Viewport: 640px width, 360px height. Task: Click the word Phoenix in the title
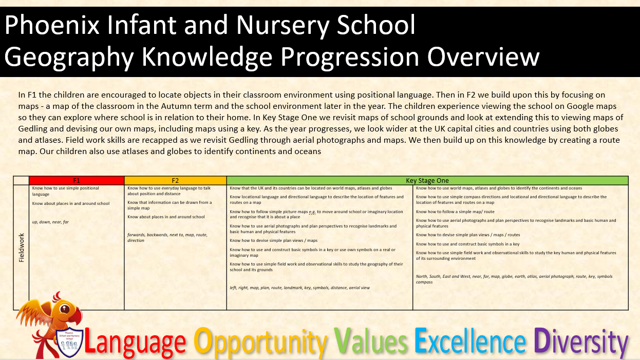tap(52, 25)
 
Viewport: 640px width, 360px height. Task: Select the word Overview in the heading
tap(483, 57)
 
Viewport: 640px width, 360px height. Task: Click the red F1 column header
tap(77, 181)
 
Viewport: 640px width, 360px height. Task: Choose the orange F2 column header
tap(175, 181)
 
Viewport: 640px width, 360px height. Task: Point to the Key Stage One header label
tap(427, 181)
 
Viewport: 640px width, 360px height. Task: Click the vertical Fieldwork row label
tap(22, 248)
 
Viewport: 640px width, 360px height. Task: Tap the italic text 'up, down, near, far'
tap(50, 222)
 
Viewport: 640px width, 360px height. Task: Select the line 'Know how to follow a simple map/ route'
tap(455, 212)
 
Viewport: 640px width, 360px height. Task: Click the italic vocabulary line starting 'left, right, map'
tap(300, 288)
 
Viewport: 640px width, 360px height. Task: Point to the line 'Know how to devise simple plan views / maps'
tap(273, 240)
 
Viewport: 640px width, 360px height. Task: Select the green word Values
tap(370, 340)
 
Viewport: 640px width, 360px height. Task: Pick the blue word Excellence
tap(470, 340)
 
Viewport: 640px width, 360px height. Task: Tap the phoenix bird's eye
tap(65, 309)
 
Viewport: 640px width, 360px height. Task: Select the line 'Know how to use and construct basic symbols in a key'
tap(468, 244)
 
